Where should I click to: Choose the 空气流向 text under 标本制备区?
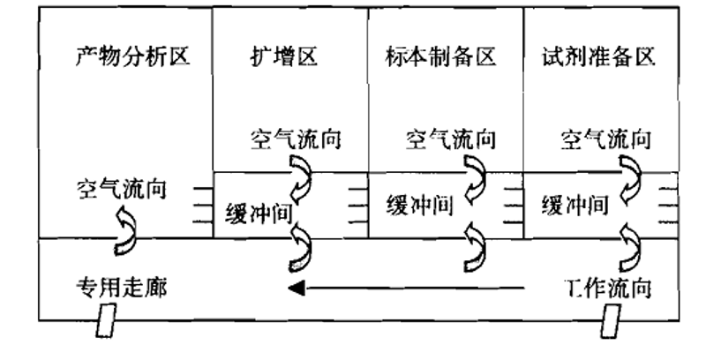click(x=450, y=139)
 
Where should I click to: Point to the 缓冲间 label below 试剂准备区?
click(x=575, y=206)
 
